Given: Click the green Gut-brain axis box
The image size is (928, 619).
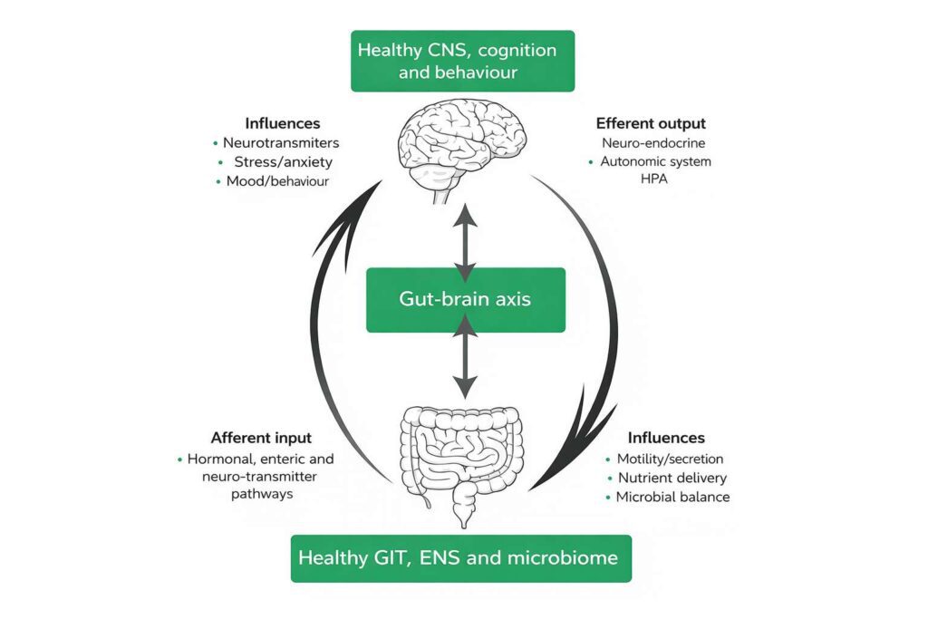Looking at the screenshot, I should [x=465, y=299].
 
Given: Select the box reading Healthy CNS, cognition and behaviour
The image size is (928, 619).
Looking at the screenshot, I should [x=462, y=61].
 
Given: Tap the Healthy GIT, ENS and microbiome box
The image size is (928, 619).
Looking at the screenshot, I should [x=460, y=557].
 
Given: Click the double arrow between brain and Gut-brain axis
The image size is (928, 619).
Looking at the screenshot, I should [x=465, y=242].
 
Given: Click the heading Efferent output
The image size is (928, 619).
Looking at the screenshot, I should [x=651, y=123].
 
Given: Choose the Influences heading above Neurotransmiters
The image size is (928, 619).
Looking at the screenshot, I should [x=283, y=123].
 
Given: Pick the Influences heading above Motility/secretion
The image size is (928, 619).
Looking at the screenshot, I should [x=666, y=438].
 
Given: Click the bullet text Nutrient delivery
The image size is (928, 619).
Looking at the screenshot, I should [x=672, y=478].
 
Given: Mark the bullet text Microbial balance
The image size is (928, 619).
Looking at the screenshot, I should [x=672, y=497].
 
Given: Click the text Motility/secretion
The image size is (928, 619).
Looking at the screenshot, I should [x=670, y=459].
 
